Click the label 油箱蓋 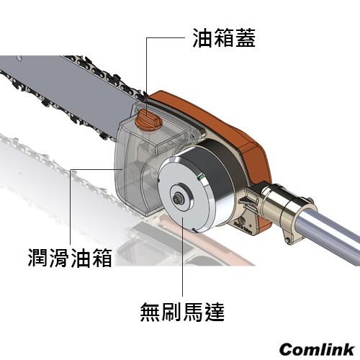pyautogui.click(x=224, y=38)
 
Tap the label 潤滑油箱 pyautogui.click(x=70, y=258)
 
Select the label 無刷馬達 pyautogui.click(x=182, y=312)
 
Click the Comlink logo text pyautogui.click(x=318, y=349)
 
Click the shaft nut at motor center pyautogui.click(x=178, y=199)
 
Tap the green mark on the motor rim pyautogui.click(x=200, y=178)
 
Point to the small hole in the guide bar pyautogui.click(x=19, y=58)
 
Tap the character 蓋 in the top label pyautogui.click(x=246, y=38)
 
